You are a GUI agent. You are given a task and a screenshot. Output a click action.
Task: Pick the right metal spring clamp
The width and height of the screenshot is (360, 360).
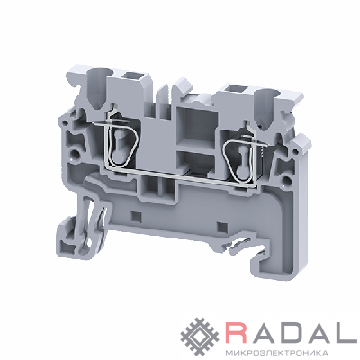240,160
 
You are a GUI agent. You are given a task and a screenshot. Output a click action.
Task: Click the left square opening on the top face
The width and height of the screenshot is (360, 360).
131,77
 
